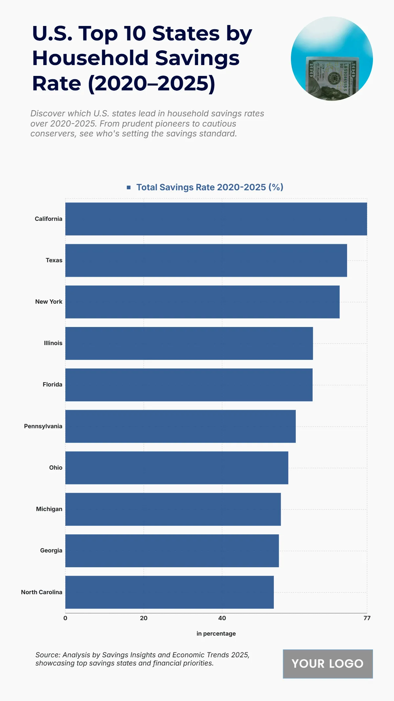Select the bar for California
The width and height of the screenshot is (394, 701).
point(216,219)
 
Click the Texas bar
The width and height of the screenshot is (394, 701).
point(206,260)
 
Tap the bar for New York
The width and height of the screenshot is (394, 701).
point(202,302)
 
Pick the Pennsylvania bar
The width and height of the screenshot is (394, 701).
point(180,426)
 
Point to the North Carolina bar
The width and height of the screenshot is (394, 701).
point(169,592)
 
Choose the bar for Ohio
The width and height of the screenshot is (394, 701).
point(177,468)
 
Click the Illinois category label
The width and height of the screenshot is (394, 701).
point(53,343)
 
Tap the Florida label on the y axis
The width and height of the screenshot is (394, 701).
point(52,385)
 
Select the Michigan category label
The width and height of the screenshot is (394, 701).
point(49,509)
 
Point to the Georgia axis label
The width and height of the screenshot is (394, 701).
point(51,550)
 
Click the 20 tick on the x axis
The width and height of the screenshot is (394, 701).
point(143,618)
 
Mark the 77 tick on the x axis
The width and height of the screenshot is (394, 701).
point(367,618)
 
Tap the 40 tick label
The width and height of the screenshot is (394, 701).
point(222,618)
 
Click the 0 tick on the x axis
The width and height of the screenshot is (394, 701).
point(65,618)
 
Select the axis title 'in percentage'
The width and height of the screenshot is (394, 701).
point(216,634)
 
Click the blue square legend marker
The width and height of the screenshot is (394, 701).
point(129,187)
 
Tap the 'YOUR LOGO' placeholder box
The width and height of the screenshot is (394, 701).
point(328,664)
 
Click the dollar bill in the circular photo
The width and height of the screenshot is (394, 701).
point(332,77)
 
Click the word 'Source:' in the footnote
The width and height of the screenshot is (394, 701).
point(47,655)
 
